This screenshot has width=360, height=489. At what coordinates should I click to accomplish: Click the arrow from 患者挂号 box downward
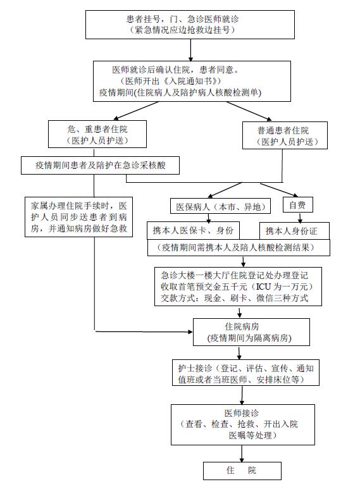[190, 50]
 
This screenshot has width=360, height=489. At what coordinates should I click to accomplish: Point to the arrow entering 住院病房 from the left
[144, 332]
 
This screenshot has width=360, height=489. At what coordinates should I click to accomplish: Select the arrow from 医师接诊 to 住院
[242, 454]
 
